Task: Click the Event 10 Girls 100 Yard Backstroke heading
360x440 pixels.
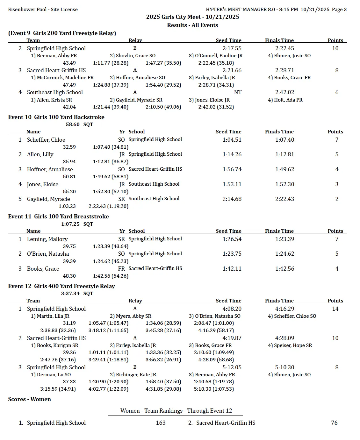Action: click(x=56, y=117)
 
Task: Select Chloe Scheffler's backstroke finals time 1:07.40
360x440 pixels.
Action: click(x=284, y=140)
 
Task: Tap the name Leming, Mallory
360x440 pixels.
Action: click(x=47, y=239)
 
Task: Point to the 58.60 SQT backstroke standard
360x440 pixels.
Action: click(x=79, y=124)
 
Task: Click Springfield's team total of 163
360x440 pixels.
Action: click(x=161, y=423)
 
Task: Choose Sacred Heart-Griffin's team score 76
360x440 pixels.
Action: click(x=334, y=423)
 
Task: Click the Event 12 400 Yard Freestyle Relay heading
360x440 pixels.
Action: click(x=61, y=286)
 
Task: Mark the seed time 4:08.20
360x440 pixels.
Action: click(x=232, y=309)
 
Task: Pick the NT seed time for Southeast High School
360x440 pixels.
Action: click(x=238, y=92)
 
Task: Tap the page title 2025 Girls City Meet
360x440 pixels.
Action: click(x=192, y=17)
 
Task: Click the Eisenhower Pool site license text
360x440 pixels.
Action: click(x=43, y=10)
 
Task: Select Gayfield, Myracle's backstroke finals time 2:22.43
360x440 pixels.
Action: click(x=284, y=199)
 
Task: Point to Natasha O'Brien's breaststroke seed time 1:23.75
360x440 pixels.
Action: click(x=232, y=254)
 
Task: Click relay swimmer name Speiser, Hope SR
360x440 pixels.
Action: click(x=290, y=345)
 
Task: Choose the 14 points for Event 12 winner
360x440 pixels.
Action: click(x=335, y=309)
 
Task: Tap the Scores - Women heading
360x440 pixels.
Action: click(x=29, y=399)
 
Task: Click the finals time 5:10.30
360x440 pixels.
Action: click(x=284, y=367)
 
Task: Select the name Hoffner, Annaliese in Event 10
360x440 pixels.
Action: click(x=50, y=169)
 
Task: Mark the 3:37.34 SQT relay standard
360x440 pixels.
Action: click(x=77, y=294)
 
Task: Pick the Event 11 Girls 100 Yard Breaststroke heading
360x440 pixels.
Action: click(x=58, y=216)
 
